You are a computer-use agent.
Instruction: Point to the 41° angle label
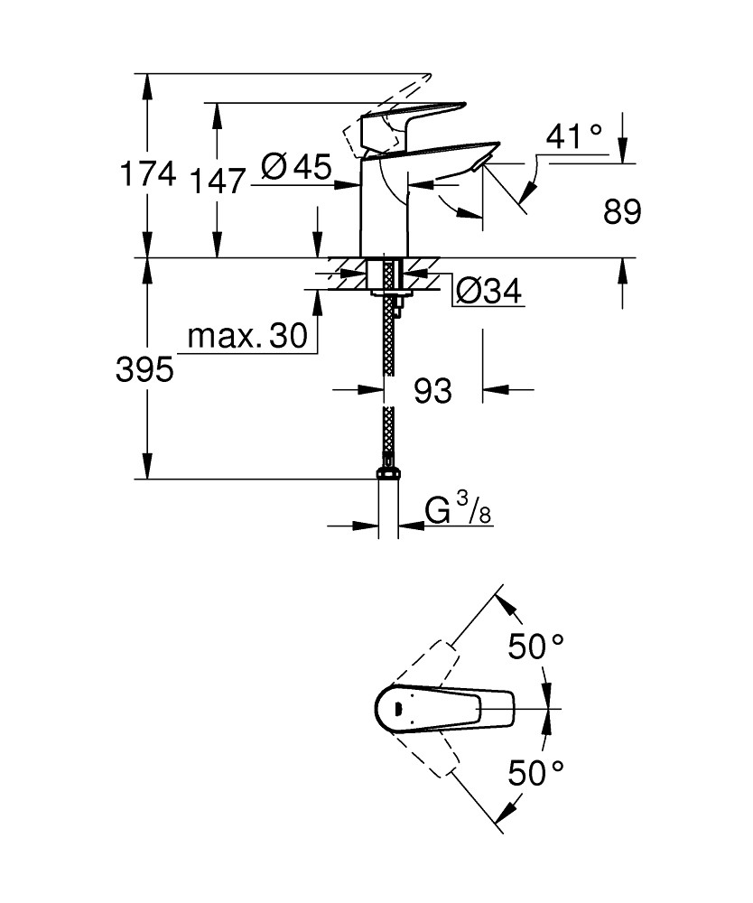pyautogui.click(x=574, y=136)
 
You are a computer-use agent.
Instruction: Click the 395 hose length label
pyautogui.click(x=144, y=368)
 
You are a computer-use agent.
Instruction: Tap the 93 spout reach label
pyautogui.click(x=432, y=391)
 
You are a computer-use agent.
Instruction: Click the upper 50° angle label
pyautogui.click(x=535, y=647)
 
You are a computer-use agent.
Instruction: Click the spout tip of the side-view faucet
pyautogui.click(x=483, y=163)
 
